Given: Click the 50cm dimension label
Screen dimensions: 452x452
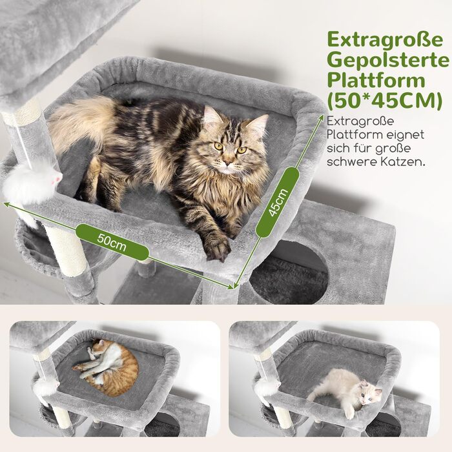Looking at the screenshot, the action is click(112, 242).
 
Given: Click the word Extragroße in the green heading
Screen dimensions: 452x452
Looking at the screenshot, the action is click(385, 39).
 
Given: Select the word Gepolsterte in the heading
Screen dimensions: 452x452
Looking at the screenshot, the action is click(388, 61).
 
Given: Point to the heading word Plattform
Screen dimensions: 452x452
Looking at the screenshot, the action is click(376, 80).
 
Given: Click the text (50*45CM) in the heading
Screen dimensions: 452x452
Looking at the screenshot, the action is click(385, 101).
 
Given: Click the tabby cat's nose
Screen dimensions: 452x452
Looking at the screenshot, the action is click(229, 163).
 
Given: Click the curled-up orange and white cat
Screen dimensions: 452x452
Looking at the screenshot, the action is click(107, 367).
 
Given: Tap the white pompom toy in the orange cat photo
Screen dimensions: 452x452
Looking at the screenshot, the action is click(45, 387).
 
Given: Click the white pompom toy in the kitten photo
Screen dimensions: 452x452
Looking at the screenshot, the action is click(267, 386).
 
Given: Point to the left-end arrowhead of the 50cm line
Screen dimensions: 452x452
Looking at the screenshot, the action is click(5, 203).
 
